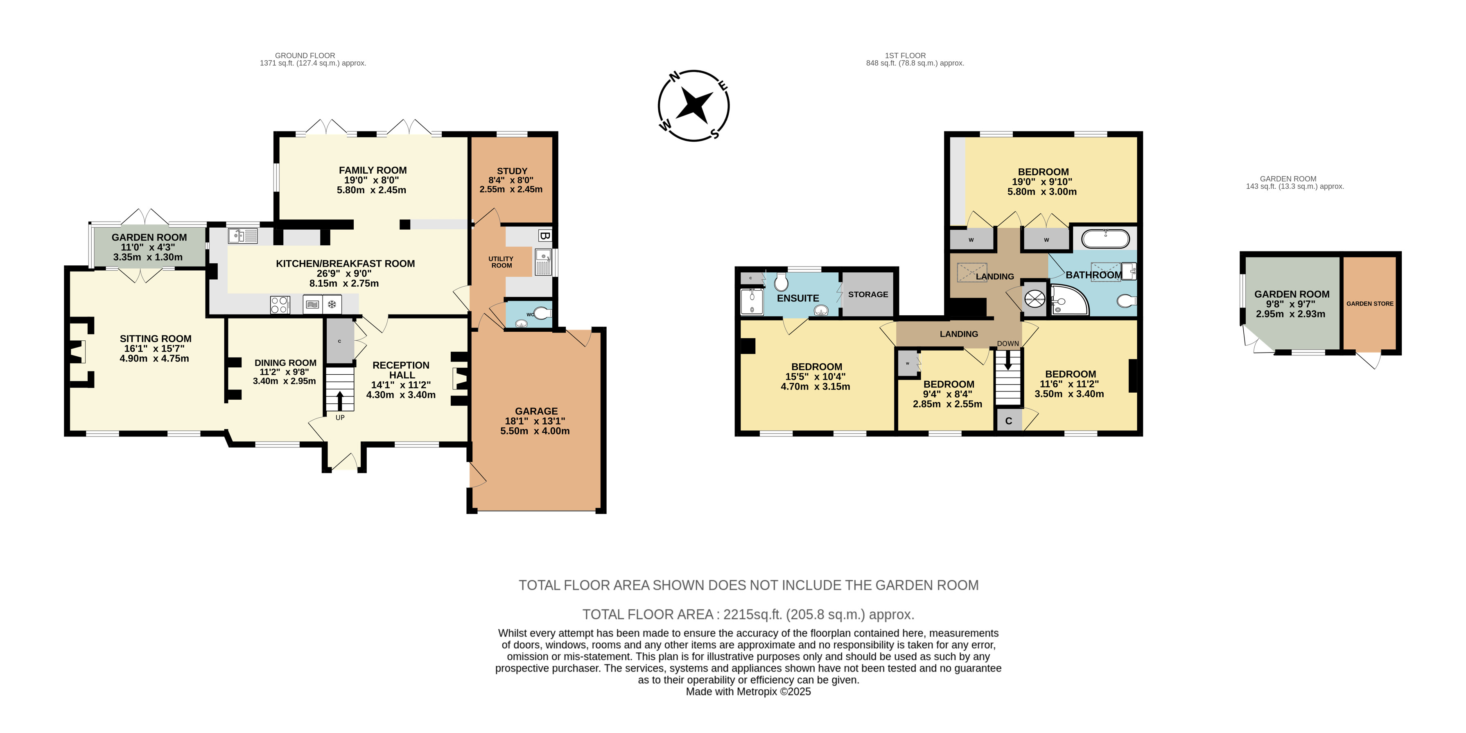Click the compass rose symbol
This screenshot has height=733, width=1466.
694,106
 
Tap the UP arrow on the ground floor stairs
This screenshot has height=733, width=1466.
340,400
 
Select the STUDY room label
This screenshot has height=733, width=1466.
512,171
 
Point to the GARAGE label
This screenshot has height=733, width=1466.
536,411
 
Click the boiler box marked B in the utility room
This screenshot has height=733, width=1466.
544,235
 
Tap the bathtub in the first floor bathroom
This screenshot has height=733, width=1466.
1105,238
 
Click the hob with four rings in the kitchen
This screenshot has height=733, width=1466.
280,305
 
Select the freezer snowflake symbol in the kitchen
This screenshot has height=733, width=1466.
332,305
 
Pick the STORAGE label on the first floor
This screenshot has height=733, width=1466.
868,294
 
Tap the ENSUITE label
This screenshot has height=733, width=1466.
798,298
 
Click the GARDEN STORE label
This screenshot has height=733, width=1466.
1370,304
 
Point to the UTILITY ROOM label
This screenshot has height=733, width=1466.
501,262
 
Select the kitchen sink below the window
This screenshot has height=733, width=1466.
242,235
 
